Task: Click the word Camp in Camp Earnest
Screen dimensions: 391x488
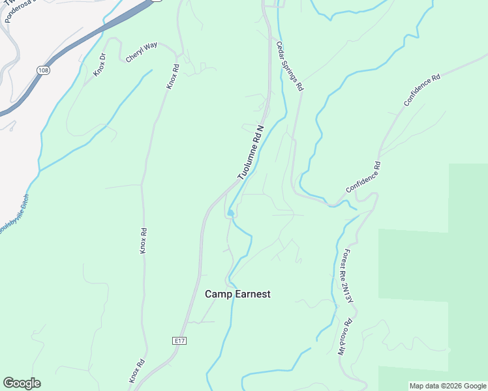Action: (219, 294)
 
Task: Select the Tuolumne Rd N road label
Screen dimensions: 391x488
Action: (251, 152)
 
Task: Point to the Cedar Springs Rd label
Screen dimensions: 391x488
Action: (290, 66)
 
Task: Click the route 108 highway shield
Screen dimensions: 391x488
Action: (43, 70)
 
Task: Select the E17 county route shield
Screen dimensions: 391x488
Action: (180, 340)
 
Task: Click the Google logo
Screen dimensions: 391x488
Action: (22, 383)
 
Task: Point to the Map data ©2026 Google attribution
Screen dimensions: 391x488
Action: (447, 386)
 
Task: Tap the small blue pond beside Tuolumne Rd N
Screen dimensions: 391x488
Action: (230, 213)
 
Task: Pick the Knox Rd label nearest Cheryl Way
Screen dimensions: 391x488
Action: (172, 76)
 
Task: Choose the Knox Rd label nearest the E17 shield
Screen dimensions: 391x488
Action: (136, 371)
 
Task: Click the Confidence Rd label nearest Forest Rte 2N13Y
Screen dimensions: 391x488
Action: (363, 177)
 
